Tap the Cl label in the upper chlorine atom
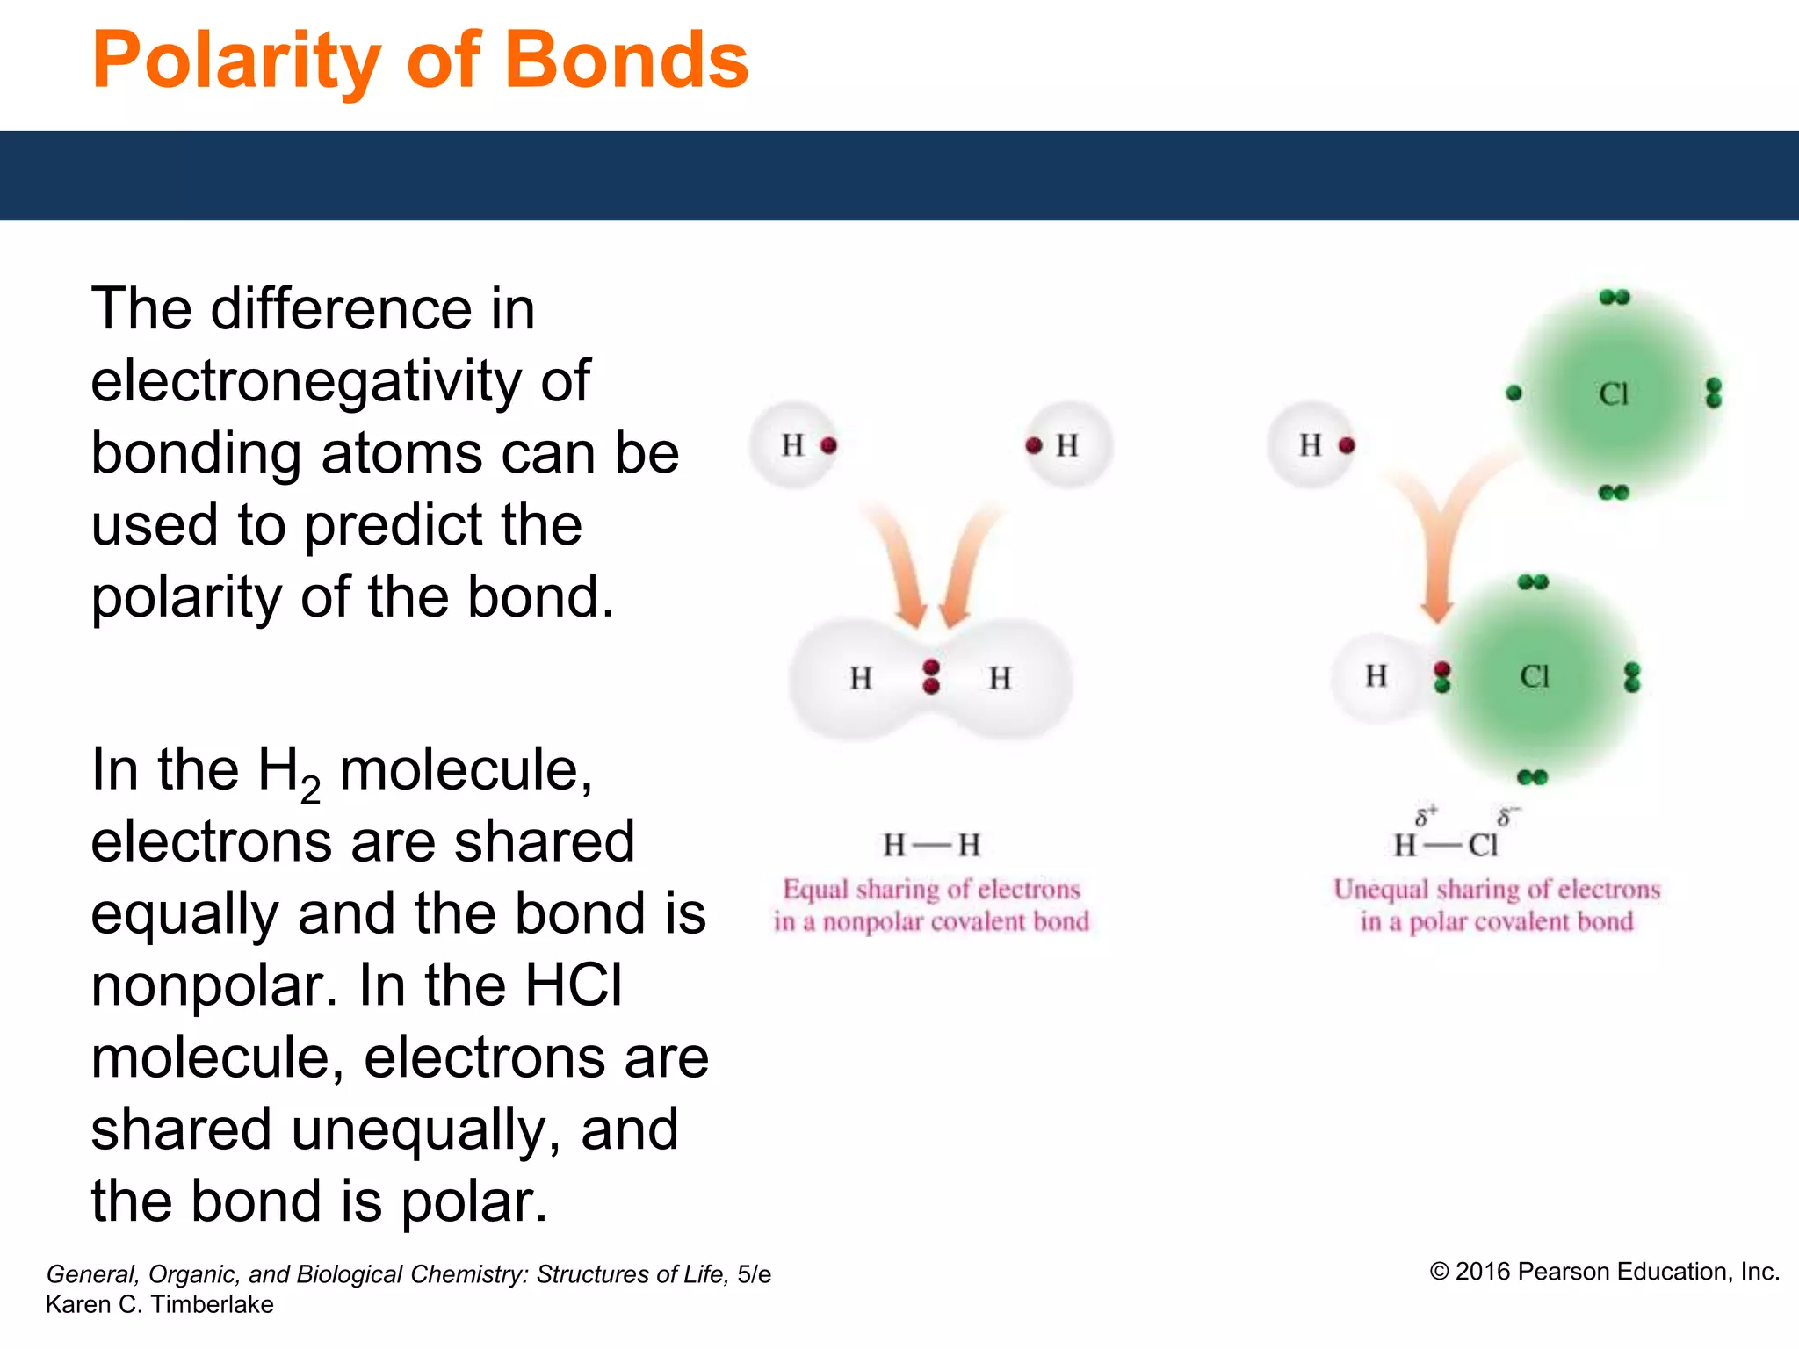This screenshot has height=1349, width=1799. pyautogui.click(x=1613, y=394)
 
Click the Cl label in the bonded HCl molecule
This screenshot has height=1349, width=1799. pyautogui.click(x=1535, y=677)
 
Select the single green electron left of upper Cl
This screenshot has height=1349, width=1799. pyautogui.click(x=1514, y=393)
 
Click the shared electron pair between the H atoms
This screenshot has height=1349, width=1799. pyautogui.click(x=932, y=677)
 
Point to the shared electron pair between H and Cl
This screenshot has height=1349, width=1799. pyautogui.click(x=1441, y=677)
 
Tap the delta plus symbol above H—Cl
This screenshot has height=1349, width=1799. pyautogui.click(x=1425, y=816)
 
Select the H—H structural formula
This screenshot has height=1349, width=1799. pyautogui.click(x=931, y=846)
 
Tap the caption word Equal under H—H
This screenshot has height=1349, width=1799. pyautogui.click(x=815, y=890)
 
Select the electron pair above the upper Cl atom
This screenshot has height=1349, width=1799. pyautogui.click(x=1614, y=298)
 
